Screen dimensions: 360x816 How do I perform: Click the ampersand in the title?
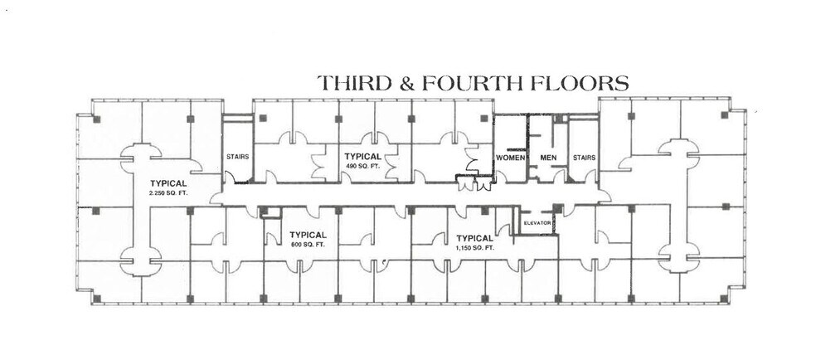pyautogui.click(x=406, y=83)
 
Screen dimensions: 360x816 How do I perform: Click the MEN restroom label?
pyautogui.click(x=547, y=157)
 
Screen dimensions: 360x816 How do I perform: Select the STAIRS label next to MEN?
pyautogui.click(x=584, y=157)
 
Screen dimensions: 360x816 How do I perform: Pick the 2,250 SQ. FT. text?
pyautogui.click(x=168, y=193)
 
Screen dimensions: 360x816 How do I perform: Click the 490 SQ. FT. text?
pyautogui.click(x=362, y=167)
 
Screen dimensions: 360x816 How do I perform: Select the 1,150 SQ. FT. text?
pyautogui.click(x=475, y=247)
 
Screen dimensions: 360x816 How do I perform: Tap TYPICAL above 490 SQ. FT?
pyautogui.click(x=362, y=156)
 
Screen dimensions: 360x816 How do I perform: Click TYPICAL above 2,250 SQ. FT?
pyautogui.click(x=168, y=182)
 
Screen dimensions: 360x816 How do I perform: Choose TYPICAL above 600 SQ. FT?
pyautogui.click(x=309, y=235)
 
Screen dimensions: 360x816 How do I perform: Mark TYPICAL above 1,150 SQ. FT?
pyautogui.click(x=475, y=236)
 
